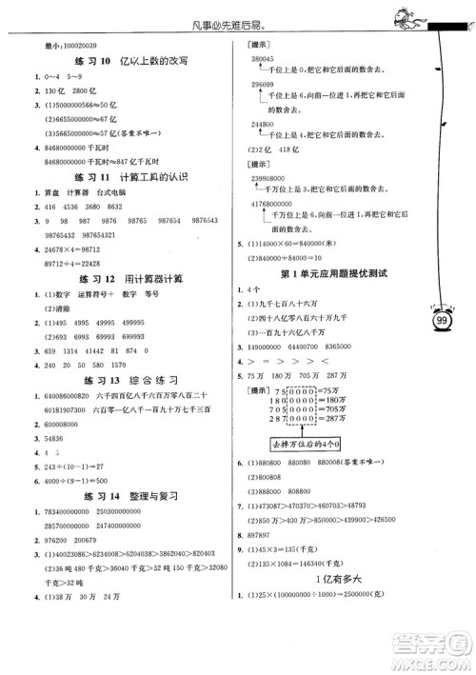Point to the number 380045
(271, 59)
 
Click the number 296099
(271, 85)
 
